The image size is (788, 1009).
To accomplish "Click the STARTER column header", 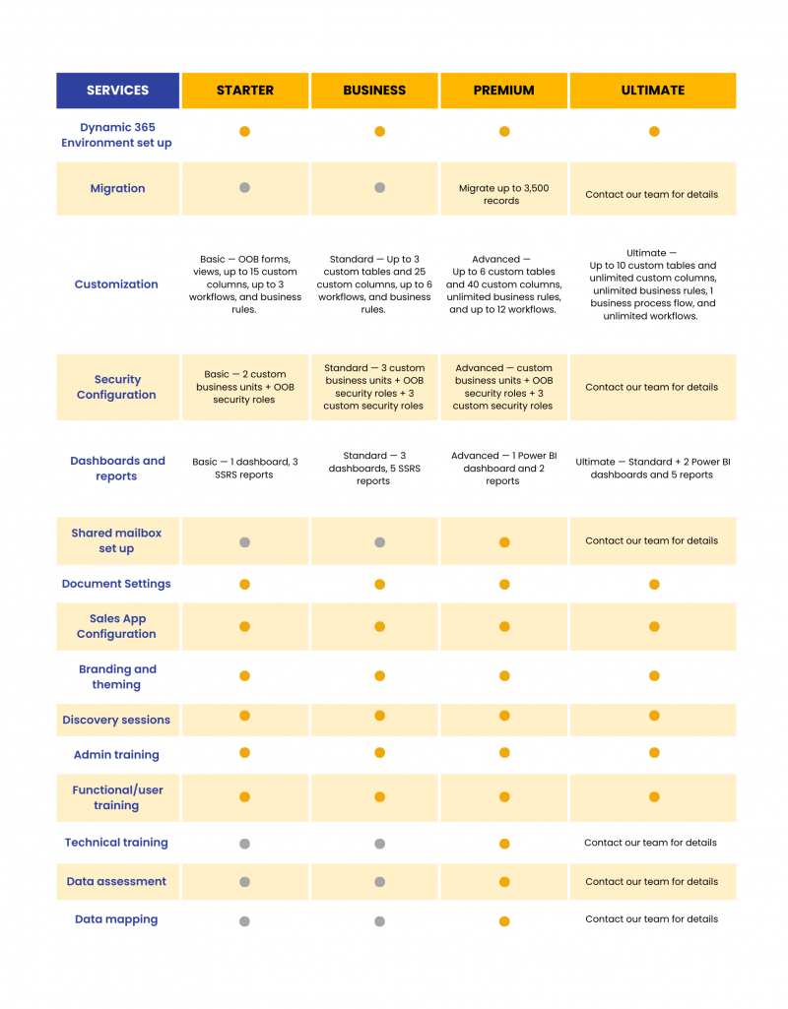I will coord(245,90).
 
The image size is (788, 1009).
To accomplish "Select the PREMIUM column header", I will coord(503,90).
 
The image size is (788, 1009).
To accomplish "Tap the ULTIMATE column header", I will coord(652,90).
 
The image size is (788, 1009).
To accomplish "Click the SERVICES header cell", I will coord(117,90).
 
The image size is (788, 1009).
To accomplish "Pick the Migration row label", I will coord(117,188).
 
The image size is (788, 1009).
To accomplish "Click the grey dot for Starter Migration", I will coord(244,188).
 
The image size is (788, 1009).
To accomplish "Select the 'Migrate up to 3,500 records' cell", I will coord(502,194).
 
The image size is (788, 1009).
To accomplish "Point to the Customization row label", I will coord(116,284).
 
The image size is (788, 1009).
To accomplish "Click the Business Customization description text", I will coord(373,284).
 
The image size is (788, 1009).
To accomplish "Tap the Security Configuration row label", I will coord(116,387).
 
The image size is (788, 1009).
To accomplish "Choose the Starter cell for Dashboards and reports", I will coord(245,468).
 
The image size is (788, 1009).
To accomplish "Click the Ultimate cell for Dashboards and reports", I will coord(651,468).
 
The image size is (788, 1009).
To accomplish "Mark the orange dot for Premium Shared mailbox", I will coord(504,542).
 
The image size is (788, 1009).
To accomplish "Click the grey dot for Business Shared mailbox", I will coord(379,542).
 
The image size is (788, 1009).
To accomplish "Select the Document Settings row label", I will coord(116,584).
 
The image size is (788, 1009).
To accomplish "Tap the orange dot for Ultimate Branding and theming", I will coord(654,676).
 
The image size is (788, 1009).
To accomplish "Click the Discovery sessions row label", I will coord(116,720).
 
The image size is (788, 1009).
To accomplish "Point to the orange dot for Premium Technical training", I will coord(504,844).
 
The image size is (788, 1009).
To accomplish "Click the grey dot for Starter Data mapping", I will coord(244,921).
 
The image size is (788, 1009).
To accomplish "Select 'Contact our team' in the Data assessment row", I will coord(651,881).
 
